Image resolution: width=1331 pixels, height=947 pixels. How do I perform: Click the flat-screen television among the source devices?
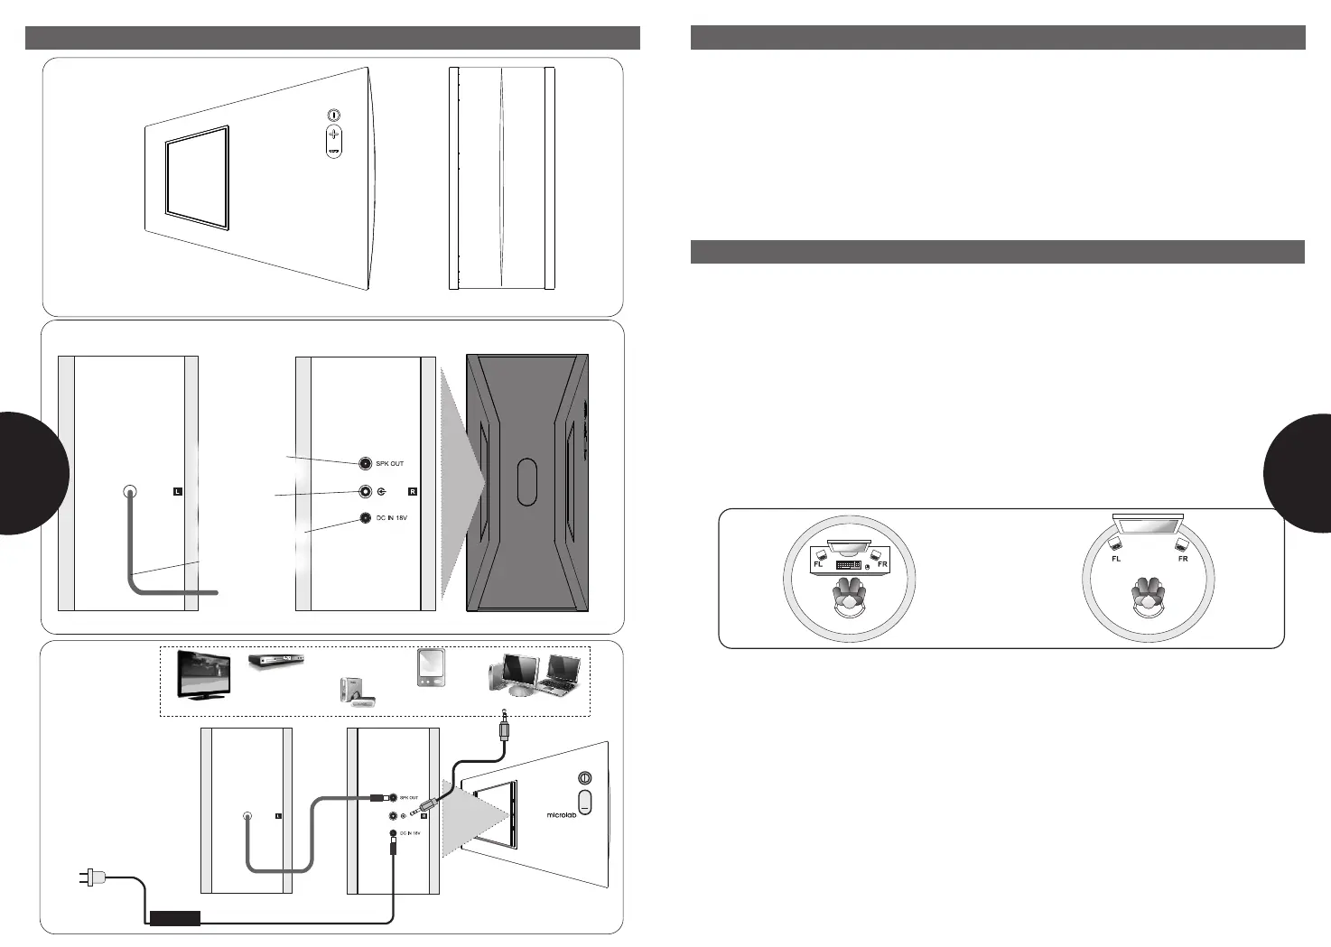click(208, 673)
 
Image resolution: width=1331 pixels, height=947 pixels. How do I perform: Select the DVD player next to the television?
click(275, 662)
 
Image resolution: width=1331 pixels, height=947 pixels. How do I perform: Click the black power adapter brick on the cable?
click(174, 918)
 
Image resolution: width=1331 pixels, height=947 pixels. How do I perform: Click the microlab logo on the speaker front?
click(562, 814)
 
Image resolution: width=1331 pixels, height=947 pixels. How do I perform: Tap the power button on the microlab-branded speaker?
click(584, 778)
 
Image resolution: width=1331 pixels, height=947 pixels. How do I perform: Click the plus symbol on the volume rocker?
click(333, 133)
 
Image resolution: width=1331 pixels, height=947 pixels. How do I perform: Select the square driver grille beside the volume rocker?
click(197, 177)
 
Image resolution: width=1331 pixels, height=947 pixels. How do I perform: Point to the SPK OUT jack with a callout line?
click(365, 463)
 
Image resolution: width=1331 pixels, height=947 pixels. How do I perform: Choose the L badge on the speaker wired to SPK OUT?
click(278, 816)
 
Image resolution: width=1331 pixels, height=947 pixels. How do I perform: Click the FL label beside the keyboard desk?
click(818, 565)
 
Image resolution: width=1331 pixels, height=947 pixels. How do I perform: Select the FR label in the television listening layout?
click(1183, 559)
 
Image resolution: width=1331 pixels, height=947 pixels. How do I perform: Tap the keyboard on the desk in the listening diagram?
click(848, 565)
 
